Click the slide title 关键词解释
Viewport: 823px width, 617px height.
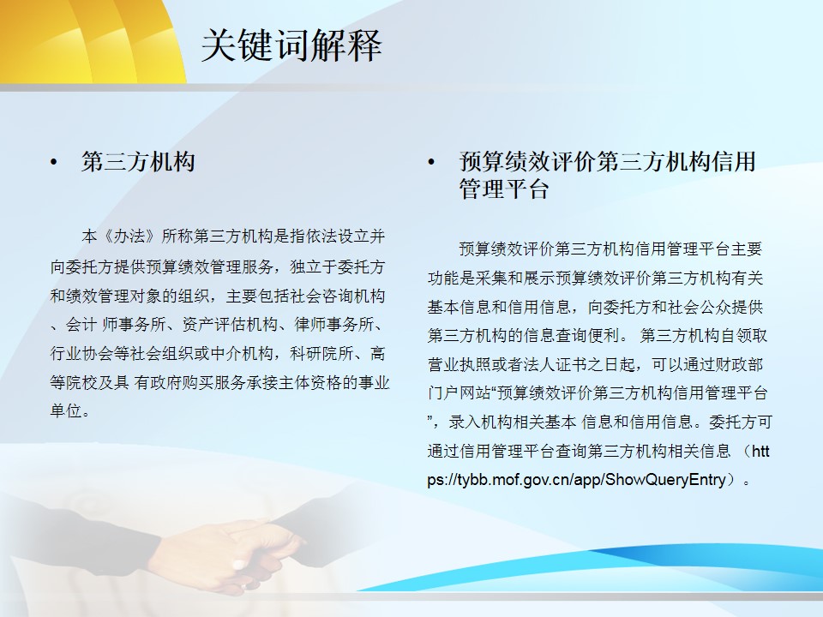point(291,45)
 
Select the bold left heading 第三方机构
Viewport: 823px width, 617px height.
point(139,162)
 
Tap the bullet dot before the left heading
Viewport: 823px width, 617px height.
point(53,162)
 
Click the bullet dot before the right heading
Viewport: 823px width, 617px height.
point(431,162)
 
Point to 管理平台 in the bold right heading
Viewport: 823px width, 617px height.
point(504,189)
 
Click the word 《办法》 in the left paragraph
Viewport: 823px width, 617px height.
point(129,237)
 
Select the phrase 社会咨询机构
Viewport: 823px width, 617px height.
point(338,297)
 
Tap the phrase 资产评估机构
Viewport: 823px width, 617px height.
point(230,325)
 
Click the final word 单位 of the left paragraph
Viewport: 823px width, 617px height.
point(66,410)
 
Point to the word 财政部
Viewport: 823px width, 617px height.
point(739,365)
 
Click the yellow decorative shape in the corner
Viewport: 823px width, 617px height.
point(89,39)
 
